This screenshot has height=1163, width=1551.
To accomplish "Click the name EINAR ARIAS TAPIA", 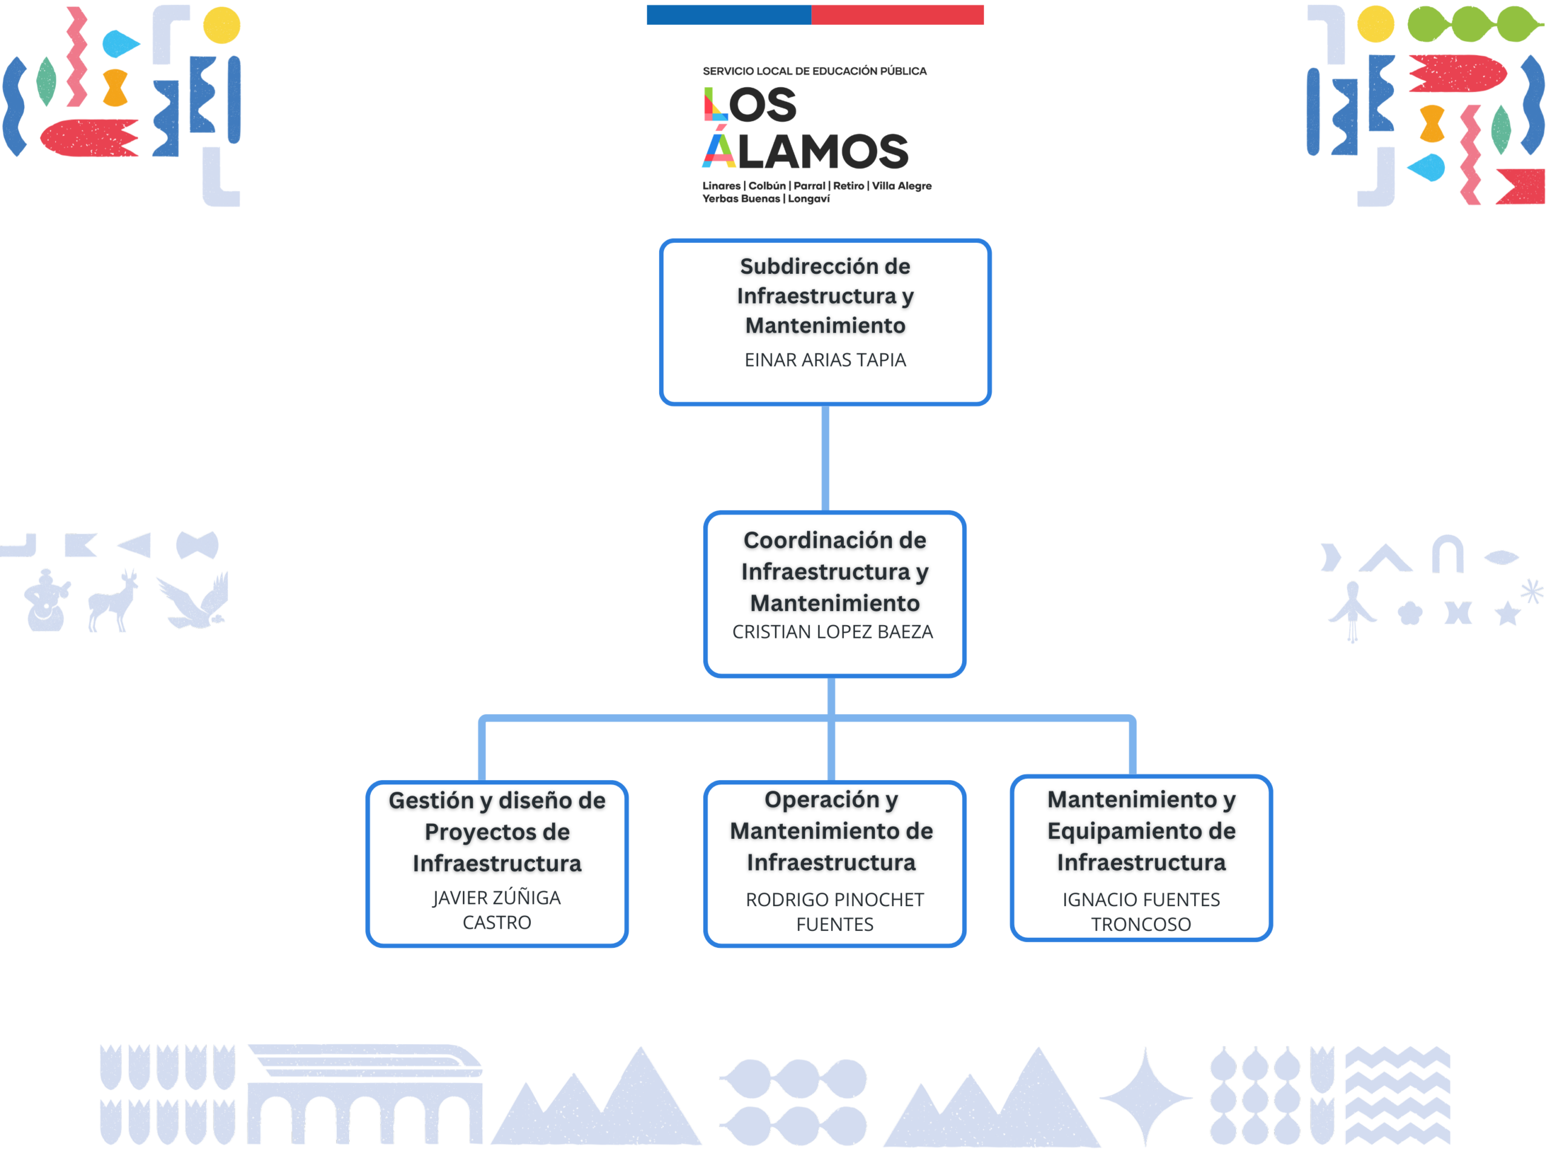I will tap(825, 360).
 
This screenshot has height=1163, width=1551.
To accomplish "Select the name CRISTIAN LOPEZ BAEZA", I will tap(832, 632).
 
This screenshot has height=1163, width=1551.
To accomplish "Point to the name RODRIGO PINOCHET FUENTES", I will tap(834, 912).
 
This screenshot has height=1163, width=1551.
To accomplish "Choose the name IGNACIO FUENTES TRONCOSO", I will tap(1141, 912).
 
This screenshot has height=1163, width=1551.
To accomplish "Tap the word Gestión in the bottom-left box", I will tap(431, 801).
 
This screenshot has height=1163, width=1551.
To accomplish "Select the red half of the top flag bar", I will tap(897, 15).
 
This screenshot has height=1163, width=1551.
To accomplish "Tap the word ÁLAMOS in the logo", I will tap(806, 151).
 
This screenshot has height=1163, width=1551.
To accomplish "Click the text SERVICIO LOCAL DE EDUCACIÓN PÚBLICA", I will tap(814, 71).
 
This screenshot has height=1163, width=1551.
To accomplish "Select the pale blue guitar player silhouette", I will tap(46, 601).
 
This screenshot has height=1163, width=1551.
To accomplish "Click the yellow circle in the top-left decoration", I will tap(222, 25).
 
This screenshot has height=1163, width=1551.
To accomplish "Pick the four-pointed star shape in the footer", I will tap(1145, 1096).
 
